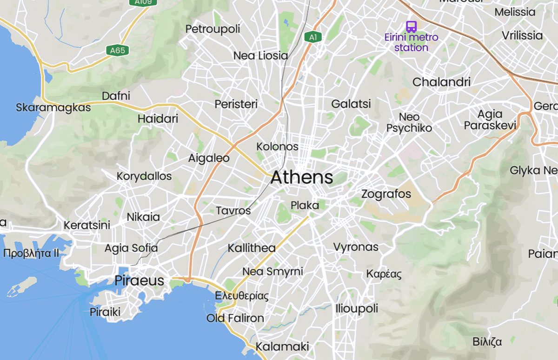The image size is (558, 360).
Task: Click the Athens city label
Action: (302, 177)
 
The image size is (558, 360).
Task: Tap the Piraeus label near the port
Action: (139, 280)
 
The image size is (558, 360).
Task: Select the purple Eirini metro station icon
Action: (411, 26)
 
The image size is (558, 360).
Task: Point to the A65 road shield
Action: (117, 50)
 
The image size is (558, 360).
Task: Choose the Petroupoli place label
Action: (213, 29)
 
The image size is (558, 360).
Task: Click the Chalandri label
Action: (441, 82)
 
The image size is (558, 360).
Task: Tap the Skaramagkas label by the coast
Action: (53, 107)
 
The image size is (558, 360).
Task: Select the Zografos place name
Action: (386, 193)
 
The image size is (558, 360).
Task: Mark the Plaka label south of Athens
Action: (305, 205)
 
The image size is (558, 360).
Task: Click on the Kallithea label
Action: (251, 248)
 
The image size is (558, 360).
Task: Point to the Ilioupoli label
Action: (357, 308)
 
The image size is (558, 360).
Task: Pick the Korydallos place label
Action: (144, 176)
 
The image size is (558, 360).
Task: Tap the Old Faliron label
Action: (235, 318)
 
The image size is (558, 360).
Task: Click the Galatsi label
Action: (351, 104)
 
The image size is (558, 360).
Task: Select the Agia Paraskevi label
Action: (490, 120)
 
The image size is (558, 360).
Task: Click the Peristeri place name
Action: (236, 104)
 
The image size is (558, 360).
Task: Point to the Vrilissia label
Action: (522, 35)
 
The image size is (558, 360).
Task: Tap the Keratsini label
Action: (87, 225)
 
